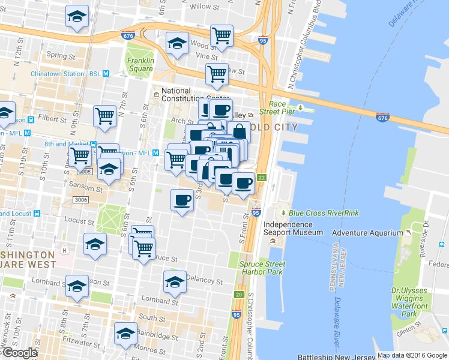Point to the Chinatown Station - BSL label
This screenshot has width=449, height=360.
click(66, 74)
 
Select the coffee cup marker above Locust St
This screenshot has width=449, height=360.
click(182, 200)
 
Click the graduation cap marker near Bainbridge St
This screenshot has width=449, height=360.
click(125, 334)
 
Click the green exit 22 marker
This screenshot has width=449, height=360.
click(261, 177)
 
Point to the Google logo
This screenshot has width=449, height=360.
click(19, 353)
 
